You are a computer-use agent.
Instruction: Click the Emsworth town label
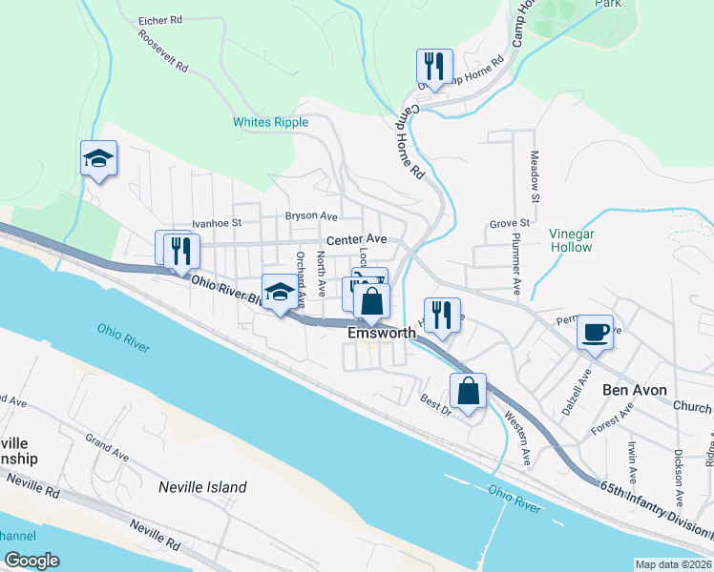click(x=381, y=334)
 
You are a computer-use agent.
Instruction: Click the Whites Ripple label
click(x=271, y=122)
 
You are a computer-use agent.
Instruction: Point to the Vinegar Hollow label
click(x=572, y=240)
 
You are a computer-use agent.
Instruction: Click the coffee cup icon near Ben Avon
click(x=595, y=333)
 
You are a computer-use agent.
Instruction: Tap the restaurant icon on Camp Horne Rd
click(x=433, y=67)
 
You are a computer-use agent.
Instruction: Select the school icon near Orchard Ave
click(x=280, y=293)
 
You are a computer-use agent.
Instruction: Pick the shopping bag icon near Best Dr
click(x=468, y=392)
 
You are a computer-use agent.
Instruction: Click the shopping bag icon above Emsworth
click(x=372, y=301)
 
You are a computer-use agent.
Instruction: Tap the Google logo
click(x=31, y=561)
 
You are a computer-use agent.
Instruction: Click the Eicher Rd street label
click(x=159, y=19)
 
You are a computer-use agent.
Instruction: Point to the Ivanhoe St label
click(x=218, y=223)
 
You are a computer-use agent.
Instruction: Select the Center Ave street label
click(x=356, y=239)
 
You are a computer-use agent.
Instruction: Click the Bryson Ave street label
click(x=311, y=216)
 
